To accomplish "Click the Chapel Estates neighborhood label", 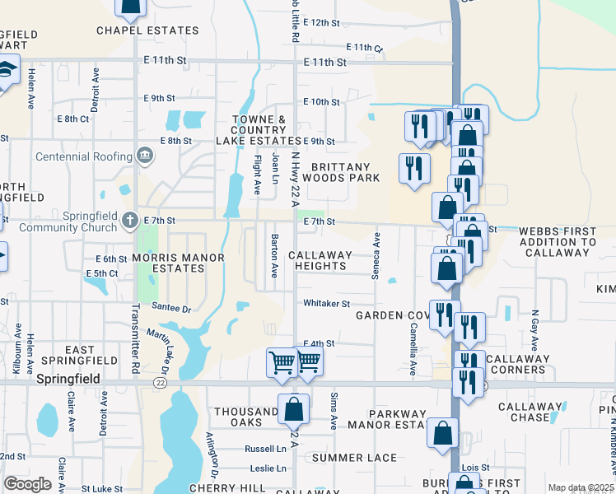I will pyautogui.click(x=147, y=30).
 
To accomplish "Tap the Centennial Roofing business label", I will pyautogui.click(x=86, y=156).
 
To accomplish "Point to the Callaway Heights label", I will pyautogui.click(x=318, y=260).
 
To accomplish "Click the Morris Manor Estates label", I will pyautogui.click(x=178, y=263).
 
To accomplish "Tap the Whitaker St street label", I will pyautogui.click(x=326, y=304).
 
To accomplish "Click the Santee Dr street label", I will pyautogui.click(x=171, y=308).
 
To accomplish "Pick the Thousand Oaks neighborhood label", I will pyautogui.click(x=246, y=417).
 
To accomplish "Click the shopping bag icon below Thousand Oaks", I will pyautogui.click(x=293, y=408).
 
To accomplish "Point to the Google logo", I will pyautogui.click(x=27, y=484).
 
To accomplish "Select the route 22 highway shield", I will pyautogui.click(x=160, y=382).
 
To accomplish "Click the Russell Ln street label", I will pyautogui.click(x=266, y=449).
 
